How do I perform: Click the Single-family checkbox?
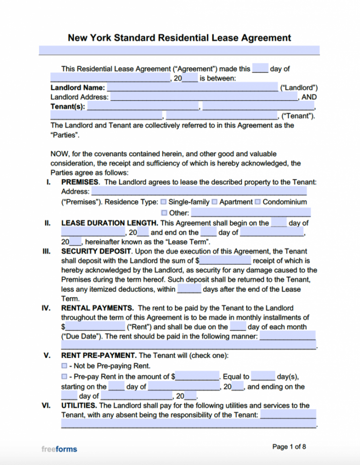(x=164, y=202)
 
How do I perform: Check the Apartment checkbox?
(x=215, y=202)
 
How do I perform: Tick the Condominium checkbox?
(x=258, y=202)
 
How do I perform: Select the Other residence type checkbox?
(x=164, y=213)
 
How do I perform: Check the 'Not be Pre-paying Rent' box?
(x=64, y=366)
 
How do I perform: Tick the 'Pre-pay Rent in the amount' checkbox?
(x=64, y=377)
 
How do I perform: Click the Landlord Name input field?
(x=192, y=88)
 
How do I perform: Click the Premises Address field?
(x=199, y=191)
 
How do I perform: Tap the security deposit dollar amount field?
(x=225, y=260)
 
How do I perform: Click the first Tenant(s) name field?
(x=143, y=106)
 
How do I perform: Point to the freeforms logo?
(x=59, y=449)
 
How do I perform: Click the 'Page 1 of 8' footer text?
(x=289, y=447)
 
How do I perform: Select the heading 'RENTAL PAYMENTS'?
(x=97, y=308)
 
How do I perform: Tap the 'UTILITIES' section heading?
(x=79, y=405)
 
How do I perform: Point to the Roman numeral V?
(x=47, y=355)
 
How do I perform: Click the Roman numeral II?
(x=47, y=223)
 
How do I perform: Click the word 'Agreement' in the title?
(x=266, y=38)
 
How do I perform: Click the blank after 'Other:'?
(x=251, y=213)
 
